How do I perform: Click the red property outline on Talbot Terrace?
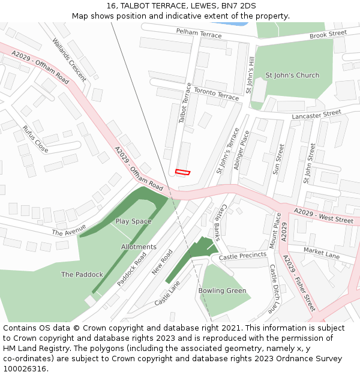click(182, 172)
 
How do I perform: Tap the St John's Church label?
click(292, 76)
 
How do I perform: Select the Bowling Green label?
click(222, 291)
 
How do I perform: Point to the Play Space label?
click(133, 221)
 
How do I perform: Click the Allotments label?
click(139, 247)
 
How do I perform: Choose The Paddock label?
click(82, 275)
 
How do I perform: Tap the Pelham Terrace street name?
click(199, 33)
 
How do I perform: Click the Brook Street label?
click(328, 35)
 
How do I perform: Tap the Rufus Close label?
click(35, 139)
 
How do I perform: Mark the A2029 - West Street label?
click(323, 216)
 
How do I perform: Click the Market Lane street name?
click(322, 253)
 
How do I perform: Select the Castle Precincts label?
click(242, 256)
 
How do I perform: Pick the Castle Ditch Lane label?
click(274, 289)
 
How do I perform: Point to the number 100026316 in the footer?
click(25, 369)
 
